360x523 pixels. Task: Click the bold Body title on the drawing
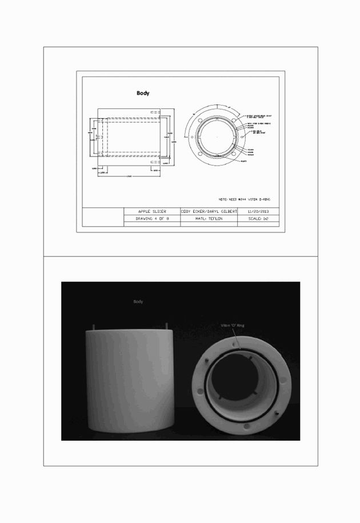pos(143,93)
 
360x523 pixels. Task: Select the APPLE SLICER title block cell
pos(152,211)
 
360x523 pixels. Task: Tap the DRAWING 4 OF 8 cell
pos(152,219)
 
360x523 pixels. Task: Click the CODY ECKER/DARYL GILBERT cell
pos(209,211)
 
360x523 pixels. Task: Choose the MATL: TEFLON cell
pos(209,219)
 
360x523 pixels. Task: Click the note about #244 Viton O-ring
pos(244,199)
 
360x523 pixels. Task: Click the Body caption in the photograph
pos(138,301)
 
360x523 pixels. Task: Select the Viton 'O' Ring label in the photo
pos(233,325)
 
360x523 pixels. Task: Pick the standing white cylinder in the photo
pos(130,380)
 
